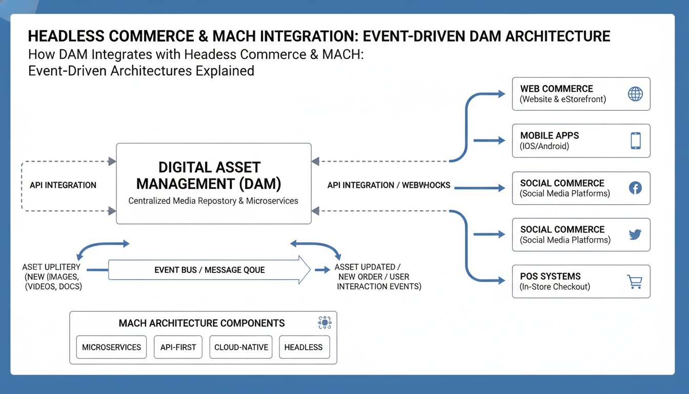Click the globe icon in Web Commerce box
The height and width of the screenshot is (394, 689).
pos(635,94)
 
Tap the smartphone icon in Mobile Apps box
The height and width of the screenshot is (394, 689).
pos(636,141)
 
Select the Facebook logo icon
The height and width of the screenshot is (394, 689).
pos(635,188)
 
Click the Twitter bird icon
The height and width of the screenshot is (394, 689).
pos(635,234)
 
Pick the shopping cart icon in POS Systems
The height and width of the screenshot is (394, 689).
pos(635,282)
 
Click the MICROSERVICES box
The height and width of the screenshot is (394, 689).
pos(111,347)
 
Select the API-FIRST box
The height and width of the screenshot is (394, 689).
pos(178,347)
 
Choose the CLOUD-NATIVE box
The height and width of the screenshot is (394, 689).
pos(241,347)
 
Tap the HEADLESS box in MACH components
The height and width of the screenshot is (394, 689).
pos(303,347)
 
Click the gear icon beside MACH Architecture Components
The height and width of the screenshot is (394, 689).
pos(325,322)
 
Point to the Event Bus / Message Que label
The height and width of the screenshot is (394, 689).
pos(209,270)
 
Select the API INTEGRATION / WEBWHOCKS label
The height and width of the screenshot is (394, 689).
pos(389,185)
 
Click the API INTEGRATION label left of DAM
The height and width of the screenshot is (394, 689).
pos(63,185)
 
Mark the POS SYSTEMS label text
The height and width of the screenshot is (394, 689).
pos(550,276)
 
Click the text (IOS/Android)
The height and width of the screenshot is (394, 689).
pos(544,146)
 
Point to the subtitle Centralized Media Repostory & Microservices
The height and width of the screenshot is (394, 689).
pos(213,201)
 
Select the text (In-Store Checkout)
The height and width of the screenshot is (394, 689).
pos(555,287)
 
